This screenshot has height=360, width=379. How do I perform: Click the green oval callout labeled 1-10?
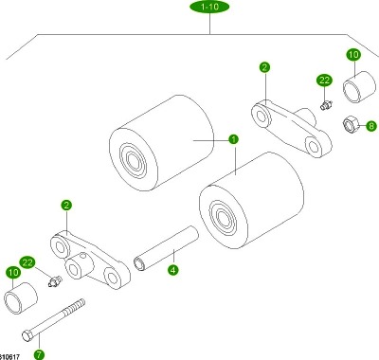click(209, 7)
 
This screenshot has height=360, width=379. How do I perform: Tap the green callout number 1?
click(233, 139)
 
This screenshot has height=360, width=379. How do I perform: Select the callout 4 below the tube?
click(172, 270)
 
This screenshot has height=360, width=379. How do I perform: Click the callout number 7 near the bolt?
click(39, 354)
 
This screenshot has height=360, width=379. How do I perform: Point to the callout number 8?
click(371, 126)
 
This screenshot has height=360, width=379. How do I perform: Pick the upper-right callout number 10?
click(353, 55)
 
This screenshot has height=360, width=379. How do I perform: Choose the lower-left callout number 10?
click(13, 273)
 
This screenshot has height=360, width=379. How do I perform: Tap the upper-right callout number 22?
click(324, 81)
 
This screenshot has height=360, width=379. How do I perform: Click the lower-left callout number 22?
click(27, 262)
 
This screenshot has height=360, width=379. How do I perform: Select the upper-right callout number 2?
click(264, 67)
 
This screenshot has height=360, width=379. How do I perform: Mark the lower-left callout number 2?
click(66, 206)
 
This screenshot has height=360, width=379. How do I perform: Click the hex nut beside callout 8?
click(350, 124)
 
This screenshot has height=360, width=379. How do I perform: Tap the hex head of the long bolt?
click(27, 335)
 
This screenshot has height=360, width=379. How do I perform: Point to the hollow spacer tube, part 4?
click(166, 248)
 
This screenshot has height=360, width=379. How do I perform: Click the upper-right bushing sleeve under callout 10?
click(359, 86)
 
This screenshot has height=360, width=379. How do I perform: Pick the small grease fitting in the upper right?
click(326, 105)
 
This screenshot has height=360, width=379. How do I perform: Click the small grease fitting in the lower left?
click(55, 280)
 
